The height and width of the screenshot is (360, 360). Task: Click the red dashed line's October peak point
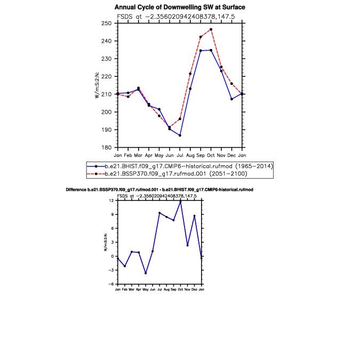(x=211, y=29)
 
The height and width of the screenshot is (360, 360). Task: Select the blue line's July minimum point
(x=180, y=135)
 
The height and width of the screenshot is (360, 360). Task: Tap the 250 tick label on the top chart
(x=106, y=23)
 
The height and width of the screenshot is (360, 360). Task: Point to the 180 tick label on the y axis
(x=106, y=147)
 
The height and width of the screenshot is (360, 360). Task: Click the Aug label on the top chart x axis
(x=190, y=155)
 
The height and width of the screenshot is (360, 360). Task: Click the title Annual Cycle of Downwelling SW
(x=180, y=7)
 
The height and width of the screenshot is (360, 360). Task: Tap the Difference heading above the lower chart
(x=159, y=190)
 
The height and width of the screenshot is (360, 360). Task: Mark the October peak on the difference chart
(x=180, y=202)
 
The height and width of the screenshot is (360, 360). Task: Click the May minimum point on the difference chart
(x=146, y=273)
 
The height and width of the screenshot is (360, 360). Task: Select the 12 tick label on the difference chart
(x=111, y=201)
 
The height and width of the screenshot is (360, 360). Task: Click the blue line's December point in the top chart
(x=231, y=99)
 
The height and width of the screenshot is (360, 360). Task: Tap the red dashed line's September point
(x=201, y=37)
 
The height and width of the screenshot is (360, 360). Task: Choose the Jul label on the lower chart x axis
(x=159, y=290)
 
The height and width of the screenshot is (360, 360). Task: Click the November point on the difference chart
(x=188, y=245)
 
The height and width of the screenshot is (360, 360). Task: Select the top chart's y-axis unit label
(x=97, y=85)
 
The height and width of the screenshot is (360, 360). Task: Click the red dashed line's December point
(x=231, y=84)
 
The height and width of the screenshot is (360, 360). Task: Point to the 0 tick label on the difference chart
(x=113, y=256)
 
